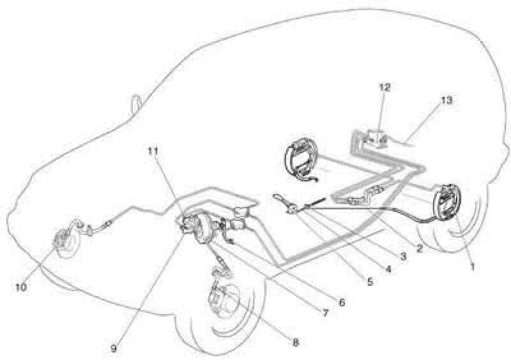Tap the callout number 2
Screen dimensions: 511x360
pyautogui.click(x=419, y=248)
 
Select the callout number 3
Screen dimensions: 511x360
pyautogui.click(x=403, y=257)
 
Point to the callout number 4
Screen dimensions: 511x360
pyautogui.click(x=388, y=269)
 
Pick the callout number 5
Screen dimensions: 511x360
pyautogui.click(x=370, y=281)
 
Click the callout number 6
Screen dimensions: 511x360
pyautogui.click(x=342, y=303)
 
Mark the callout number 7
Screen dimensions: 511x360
pyautogui.click(x=325, y=313)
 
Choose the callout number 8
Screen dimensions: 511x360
pyautogui.click(x=296, y=342)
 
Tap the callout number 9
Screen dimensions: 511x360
pyautogui.click(x=114, y=349)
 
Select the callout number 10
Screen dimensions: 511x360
pyautogui.click(x=21, y=287)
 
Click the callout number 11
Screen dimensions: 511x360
pyautogui.click(x=153, y=151)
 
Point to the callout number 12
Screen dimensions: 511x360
pyautogui.click(x=385, y=87)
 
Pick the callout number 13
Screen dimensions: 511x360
pyautogui.click(x=446, y=100)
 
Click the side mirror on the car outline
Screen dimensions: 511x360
pyautogui.click(x=135, y=103)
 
